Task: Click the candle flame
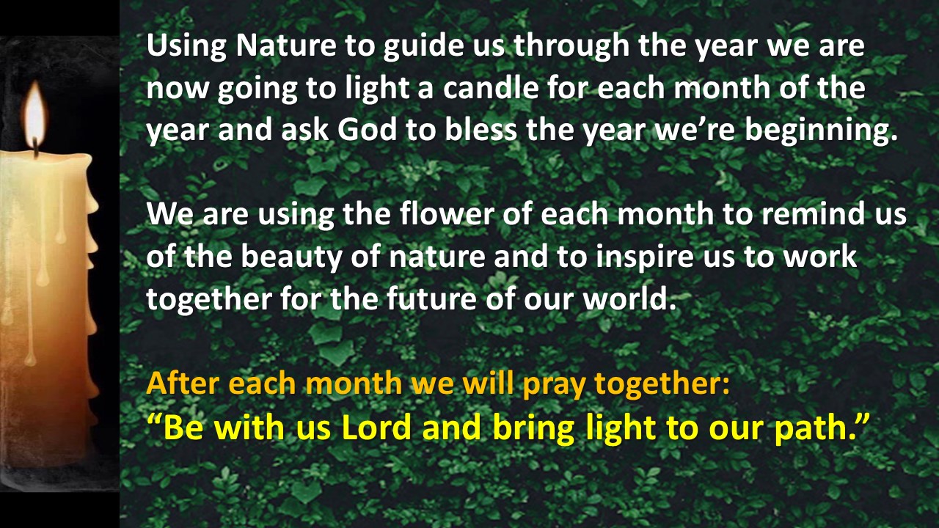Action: pyautogui.click(x=35, y=112)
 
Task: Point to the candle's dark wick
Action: pyautogui.click(x=36, y=147)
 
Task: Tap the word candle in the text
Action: pyautogui.click(x=491, y=88)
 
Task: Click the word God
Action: pyautogui.click(x=367, y=130)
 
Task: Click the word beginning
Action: pyautogui.click(x=821, y=131)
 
